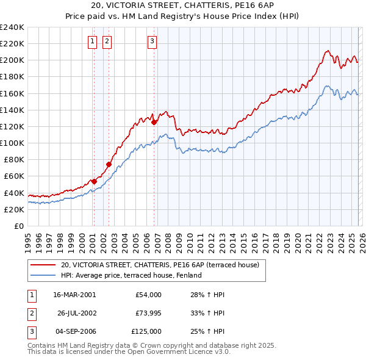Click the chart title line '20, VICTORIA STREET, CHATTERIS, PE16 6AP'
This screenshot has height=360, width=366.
coord(182,5)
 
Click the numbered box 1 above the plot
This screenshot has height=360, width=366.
coord(92,41)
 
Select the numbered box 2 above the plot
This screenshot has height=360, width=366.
coord(107,41)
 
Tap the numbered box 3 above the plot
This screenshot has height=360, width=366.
coord(152,41)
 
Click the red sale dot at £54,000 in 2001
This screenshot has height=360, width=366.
coord(95,181)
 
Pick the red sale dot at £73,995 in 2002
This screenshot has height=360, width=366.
coord(109,164)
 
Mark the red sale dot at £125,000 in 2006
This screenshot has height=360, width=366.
coord(154,122)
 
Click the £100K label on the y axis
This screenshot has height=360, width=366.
coord(12,143)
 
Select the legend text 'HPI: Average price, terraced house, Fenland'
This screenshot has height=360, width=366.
coord(131,275)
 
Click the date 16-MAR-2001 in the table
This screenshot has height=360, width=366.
coord(74,295)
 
